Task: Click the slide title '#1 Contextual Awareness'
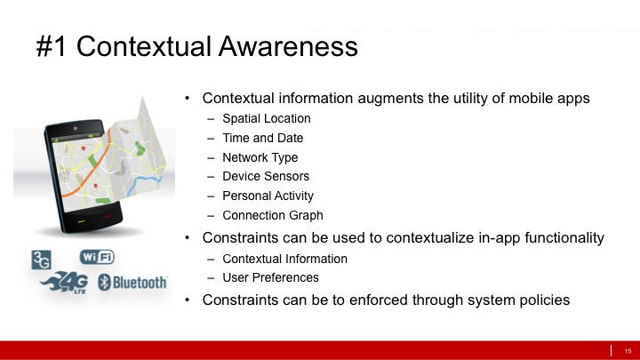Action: pos(197,46)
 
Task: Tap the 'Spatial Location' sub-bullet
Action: pos(267,118)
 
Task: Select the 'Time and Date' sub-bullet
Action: pos(262,138)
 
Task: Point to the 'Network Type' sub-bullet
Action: pos(260,157)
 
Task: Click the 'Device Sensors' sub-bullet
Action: pos(266,177)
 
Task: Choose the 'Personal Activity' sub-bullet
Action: pos(268,196)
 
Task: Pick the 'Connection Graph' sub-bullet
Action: pos(272,215)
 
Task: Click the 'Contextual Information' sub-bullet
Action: pos(284,259)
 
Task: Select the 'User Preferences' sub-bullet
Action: pos(270,277)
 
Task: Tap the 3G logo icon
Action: pos(42,260)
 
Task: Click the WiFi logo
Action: pos(97,257)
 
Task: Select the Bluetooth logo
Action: pos(132,283)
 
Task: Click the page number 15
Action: pos(627,349)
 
